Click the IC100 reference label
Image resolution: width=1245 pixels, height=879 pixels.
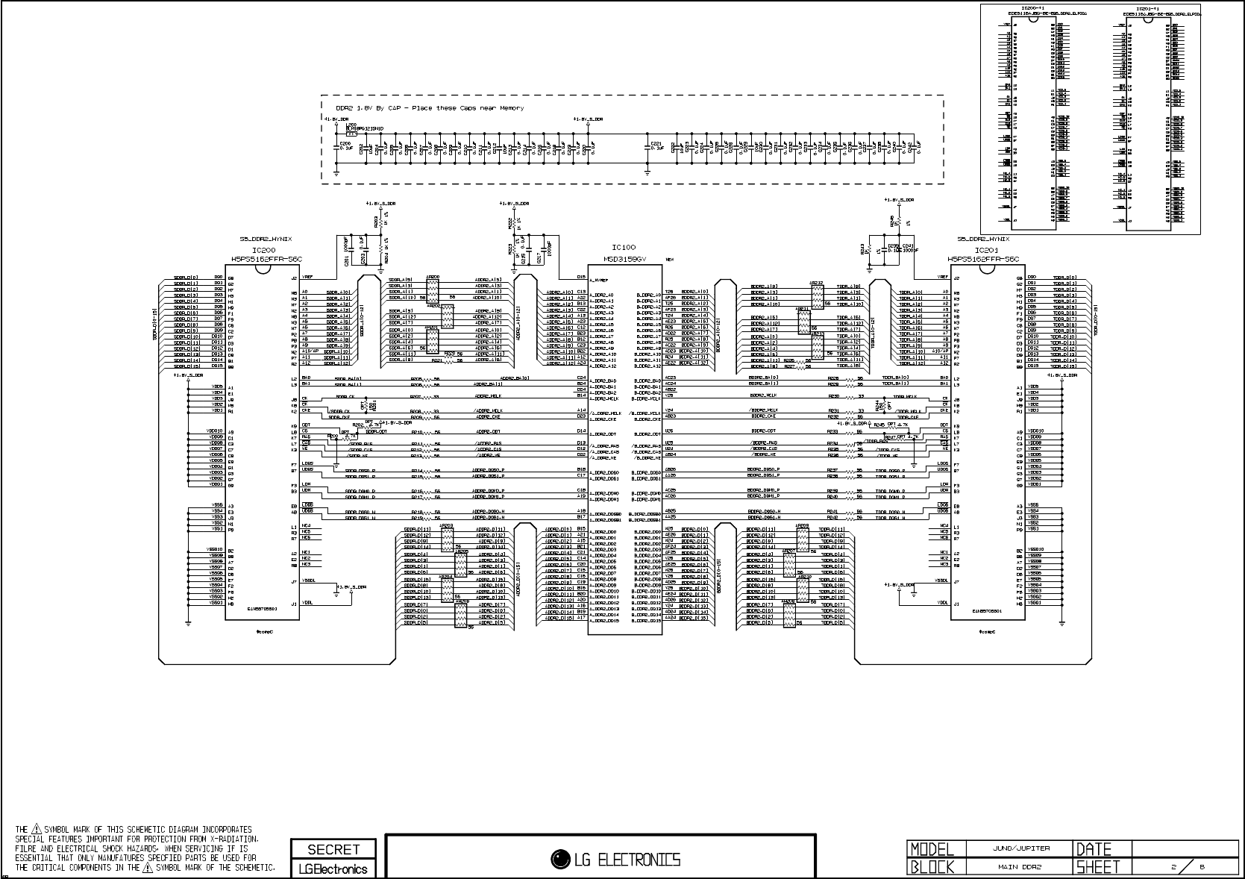coord(624,247)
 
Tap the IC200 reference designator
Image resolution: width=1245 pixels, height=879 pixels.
coord(263,251)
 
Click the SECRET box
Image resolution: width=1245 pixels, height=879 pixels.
coord(333,849)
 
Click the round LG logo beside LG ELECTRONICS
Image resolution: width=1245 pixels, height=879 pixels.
coord(558,860)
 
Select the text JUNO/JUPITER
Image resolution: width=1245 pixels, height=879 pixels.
coord(1020,848)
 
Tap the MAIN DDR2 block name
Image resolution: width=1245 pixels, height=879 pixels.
coord(1020,867)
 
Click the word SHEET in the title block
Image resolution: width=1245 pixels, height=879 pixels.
coord(1098,867)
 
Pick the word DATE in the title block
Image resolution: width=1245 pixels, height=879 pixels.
coord(1093,849)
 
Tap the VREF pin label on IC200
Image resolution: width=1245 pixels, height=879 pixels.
coord(307,278)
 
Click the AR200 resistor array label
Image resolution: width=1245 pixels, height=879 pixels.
coord(433,276)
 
